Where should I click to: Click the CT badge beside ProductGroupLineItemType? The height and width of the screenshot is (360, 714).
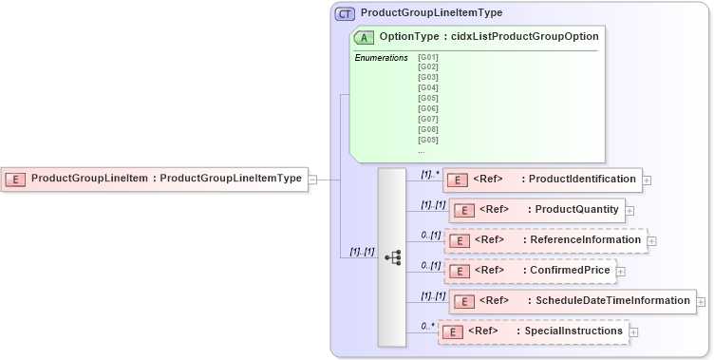tap(346, 13)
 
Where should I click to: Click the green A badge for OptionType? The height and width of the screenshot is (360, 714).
tap(364, 37)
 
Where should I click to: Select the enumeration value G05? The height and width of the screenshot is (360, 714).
tap(427, 98)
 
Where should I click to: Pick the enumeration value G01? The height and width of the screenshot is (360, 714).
tap(427, 57)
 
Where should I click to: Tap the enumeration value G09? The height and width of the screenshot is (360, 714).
tap(427, 140)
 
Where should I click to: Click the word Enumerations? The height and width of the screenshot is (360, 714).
tap(381, 58)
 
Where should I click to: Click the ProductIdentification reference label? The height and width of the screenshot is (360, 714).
tap(582, 180)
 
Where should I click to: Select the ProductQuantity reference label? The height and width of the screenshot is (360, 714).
tap(577, 209)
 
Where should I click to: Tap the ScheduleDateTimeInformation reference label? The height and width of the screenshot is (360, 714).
tap(612, 301)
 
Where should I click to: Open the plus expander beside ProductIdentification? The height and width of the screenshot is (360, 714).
tap(647, 180)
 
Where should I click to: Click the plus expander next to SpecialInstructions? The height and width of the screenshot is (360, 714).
tap(633, 332)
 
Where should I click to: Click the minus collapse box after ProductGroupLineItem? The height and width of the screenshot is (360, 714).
tap(312, 178)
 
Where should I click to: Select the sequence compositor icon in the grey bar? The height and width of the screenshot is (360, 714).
tap(392, 257)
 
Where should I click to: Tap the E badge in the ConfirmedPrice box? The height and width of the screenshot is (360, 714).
tap(459, 271)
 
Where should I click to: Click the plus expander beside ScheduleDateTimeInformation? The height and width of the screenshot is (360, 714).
tap(701, 301)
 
